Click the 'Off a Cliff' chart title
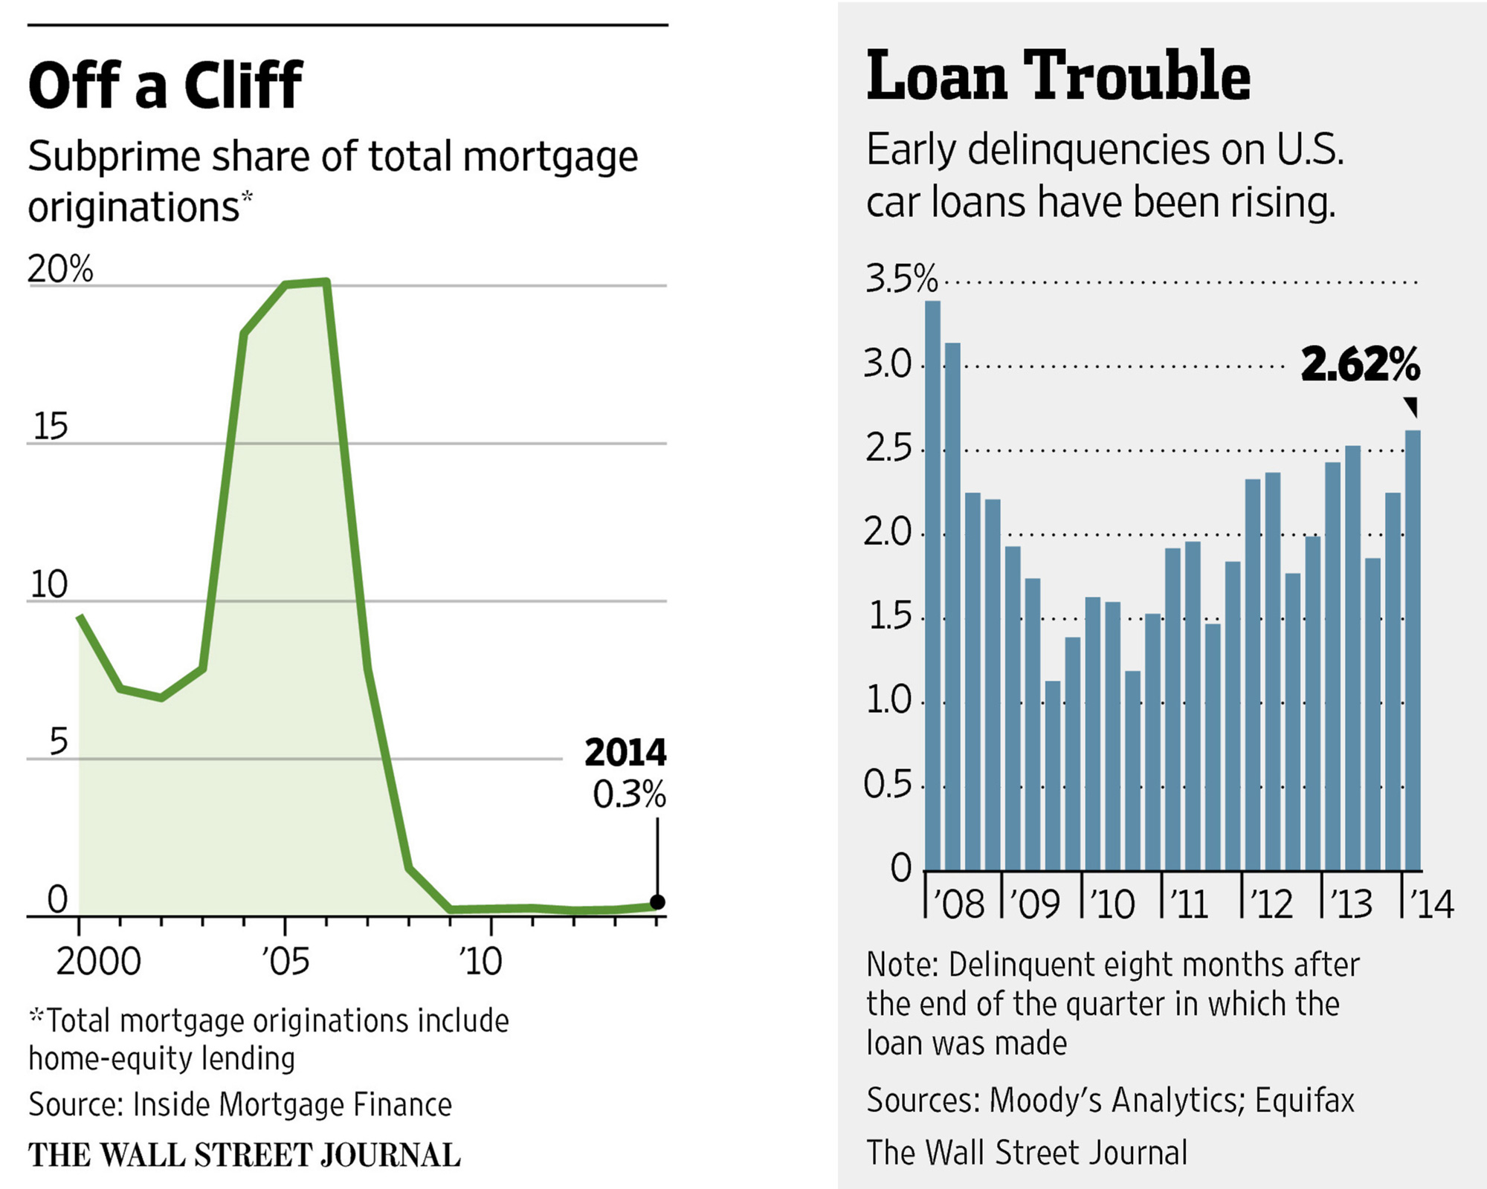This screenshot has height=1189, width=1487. (x=165, y=85)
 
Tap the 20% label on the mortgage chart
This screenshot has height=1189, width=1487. (x=60, y=269)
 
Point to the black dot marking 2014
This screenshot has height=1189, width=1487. (x=657, y=902)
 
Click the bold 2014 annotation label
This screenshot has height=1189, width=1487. (x=625, y=753)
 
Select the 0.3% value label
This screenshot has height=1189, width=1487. (x=629, y=794)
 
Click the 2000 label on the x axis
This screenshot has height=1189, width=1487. (x=98, y=962)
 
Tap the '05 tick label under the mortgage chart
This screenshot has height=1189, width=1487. (x=286, y=962)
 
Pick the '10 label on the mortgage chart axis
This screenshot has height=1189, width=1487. (x=481, y=962)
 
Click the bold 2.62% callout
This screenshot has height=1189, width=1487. (x=1360, y=365)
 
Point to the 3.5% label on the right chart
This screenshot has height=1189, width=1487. (x=900, y=279)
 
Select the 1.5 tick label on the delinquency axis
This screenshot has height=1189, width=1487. (x=889, y=617)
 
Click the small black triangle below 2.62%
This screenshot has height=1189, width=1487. (x=1411, y=406)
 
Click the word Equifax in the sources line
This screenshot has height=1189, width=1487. (x=1305, y=1101)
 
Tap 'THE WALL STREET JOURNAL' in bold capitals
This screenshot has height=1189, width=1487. (x=244, y=1156)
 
